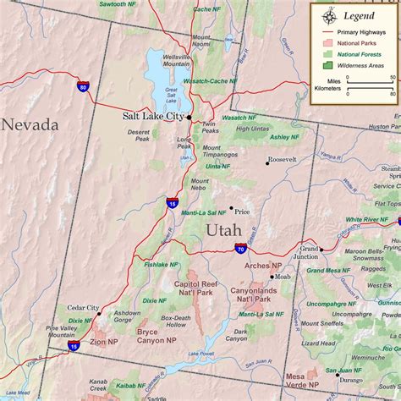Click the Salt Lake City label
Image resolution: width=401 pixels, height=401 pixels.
pos(153,117)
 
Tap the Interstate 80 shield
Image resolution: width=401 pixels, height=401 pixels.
pos(82,85)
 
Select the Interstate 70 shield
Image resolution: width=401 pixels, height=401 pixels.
pos(241,249)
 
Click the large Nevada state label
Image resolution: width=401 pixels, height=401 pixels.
pos(30,124)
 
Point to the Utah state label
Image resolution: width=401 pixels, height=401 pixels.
pos(223,230)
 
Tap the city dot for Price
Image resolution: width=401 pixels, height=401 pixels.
pos(231,207)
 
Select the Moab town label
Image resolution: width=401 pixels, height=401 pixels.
pos(283,277)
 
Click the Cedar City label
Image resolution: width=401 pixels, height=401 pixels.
pos(83,309)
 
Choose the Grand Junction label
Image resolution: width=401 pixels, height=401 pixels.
pos(308,253)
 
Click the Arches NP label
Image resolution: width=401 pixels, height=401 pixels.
pos(258,266)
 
